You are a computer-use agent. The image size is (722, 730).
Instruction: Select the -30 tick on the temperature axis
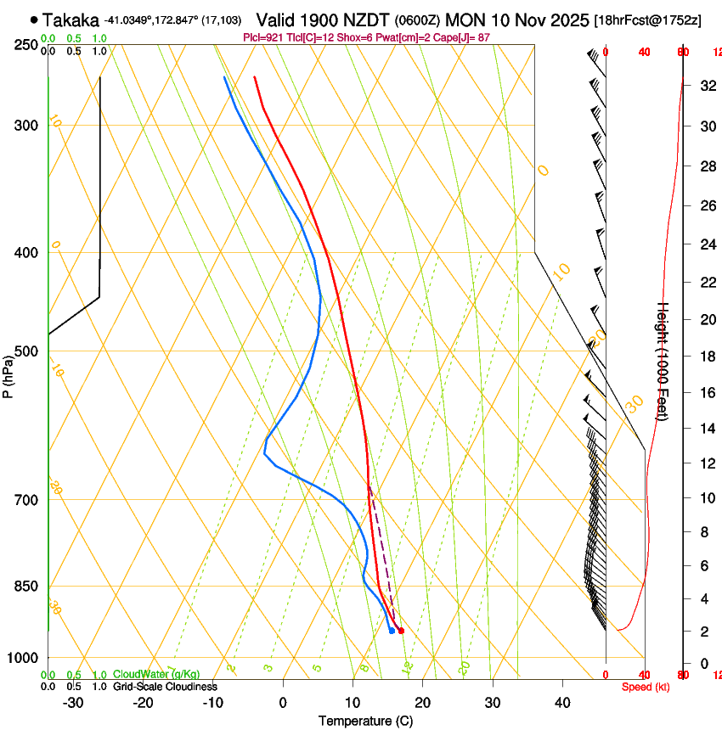point(73,702)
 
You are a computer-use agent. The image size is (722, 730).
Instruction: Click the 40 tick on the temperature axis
point(562,702)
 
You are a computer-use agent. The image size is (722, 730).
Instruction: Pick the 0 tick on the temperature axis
point(283,702)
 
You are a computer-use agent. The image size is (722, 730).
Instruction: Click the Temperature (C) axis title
point(365,721)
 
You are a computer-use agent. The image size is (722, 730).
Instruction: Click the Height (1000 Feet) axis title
point(663,361)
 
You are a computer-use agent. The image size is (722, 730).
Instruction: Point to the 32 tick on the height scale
point(706,86)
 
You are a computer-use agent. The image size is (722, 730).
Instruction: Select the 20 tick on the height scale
point(706,319)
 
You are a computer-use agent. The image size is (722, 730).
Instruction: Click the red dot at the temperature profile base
point(401,631)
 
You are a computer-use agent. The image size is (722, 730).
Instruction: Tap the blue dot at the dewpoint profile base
point(392,631)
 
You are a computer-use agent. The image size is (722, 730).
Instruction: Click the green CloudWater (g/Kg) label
point(156,674)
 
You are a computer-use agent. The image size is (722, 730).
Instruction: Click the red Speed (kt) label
point(645,686)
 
